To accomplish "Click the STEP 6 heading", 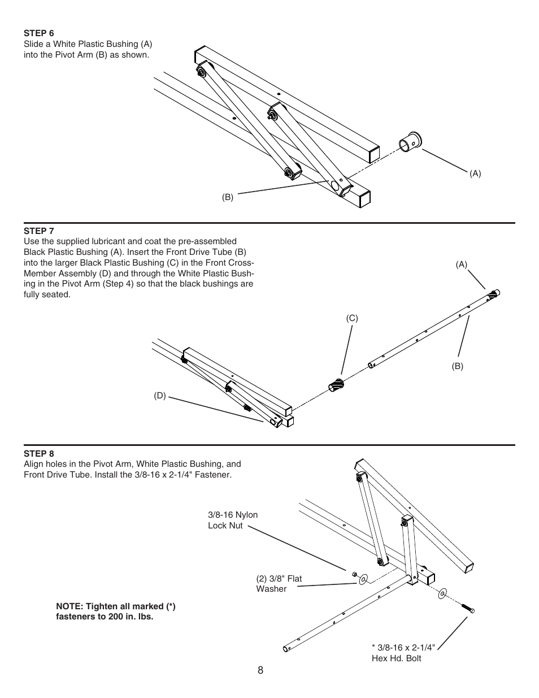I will (x=38, y=33).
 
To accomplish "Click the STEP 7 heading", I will (x=38, y=231).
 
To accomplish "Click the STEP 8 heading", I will (x=38, y=453).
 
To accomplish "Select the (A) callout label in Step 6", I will (x=475, y=174).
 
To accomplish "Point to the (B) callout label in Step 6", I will (x=227, y=197).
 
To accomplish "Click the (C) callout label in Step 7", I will (x=352, y=319).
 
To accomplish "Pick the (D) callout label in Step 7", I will (x=160, y=396).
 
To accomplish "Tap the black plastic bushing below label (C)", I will (x=336, y=385).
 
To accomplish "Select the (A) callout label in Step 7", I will (x=462, y=264).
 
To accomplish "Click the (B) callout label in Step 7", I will (x=457, y=366).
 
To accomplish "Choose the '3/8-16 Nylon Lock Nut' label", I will (x=233, y=520).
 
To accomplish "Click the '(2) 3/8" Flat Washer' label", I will (x=279, y=583).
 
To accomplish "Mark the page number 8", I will (x=260, y=670).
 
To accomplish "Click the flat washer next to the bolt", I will (x=442, y=593).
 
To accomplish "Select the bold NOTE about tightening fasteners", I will (x=115, y=612).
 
